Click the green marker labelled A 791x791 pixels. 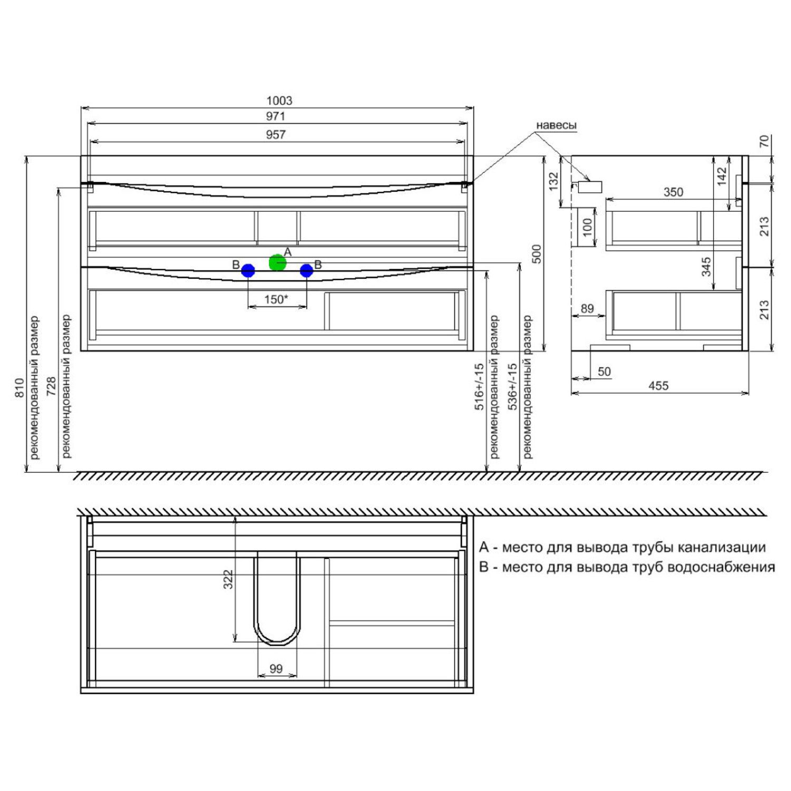pyautogui.click(x=277, y=262)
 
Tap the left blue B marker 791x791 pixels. pyautogui.click(x=248, y=271)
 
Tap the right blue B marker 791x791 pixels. pyautogui.click(x=306, y=271)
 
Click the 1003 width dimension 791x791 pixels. pyautogui.click(x=279, y=101)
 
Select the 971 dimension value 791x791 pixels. pyautogui.click(x=275, y=117)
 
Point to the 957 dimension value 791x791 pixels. pyautogui.click(x=275, y=135)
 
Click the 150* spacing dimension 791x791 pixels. pyautogui.click(x=276, y=300)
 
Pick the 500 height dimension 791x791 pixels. pyautogui.click(x=536, y=254)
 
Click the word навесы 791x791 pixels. pyautogui.click(x=556, y=126)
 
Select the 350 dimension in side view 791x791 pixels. pyautogui.click(x=673, y=192)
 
